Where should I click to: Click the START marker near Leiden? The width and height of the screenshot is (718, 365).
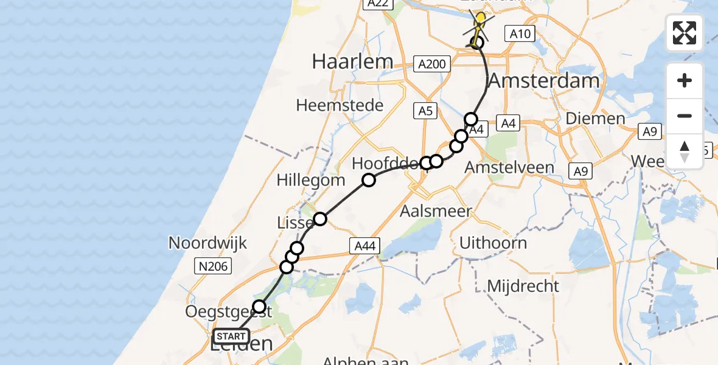(x=231, y=336)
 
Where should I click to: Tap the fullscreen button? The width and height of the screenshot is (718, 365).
(x=685, y=33)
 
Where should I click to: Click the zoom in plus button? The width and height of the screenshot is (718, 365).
(x=685, y=81)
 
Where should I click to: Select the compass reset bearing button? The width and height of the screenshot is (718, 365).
(x=685, y=151)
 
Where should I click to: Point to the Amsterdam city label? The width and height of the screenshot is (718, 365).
(x=544, y=80)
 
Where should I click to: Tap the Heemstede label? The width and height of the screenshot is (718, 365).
(x=340, y=105)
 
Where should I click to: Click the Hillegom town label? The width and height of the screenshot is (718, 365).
(x=310, y=180)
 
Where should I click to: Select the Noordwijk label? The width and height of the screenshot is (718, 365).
(x=207, y=243)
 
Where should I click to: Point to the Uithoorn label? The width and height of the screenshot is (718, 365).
(x=493, y=243)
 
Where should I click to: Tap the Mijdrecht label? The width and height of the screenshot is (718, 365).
(x=523, y=285)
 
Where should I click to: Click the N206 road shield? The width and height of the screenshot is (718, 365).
(x=211, y=265)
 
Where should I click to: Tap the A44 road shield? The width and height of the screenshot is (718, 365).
(x=364, y=246)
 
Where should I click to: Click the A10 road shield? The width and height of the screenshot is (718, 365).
(x=520, y=34)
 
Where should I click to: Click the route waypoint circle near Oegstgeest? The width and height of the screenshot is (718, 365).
(x=260, y=307)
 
